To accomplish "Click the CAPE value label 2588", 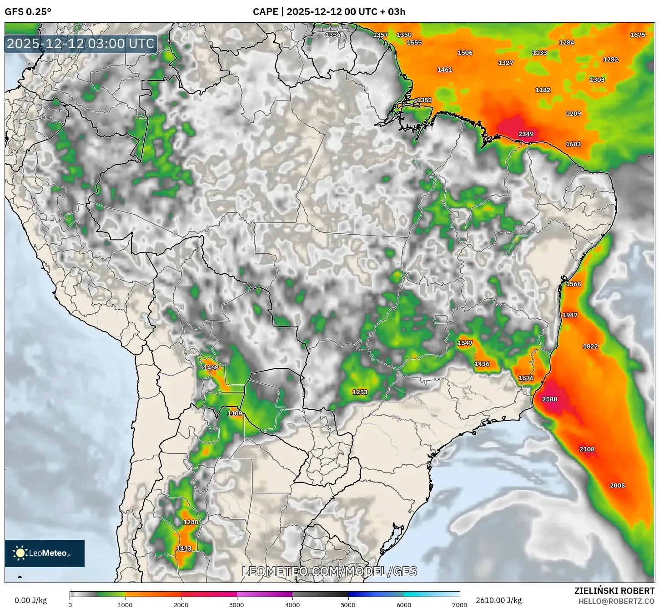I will point(549,399).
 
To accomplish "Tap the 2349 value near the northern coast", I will point(526,134).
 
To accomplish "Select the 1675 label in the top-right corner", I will point(638,35).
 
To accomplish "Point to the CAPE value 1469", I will point(211,367).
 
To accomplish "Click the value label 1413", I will point(184,548).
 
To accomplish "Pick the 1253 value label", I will point(360,392).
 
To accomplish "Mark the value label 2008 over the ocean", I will point(617,485).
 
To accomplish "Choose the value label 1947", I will point(570,315).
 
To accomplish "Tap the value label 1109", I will point(235,413).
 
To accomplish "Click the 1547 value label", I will point(465,343).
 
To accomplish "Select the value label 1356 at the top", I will point(333,35).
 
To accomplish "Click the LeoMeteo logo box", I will point(45,553).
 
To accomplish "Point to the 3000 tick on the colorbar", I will point(237,604).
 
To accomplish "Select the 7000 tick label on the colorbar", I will point(459,604).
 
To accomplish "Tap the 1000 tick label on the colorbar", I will point(125,604).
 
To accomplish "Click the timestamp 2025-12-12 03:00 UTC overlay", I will point(81,44).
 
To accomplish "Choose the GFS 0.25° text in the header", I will point(28,12).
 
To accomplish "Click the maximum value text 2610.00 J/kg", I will point(498,600).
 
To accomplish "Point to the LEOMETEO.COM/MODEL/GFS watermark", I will point(329,571).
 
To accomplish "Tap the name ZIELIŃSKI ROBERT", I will point(614,591).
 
